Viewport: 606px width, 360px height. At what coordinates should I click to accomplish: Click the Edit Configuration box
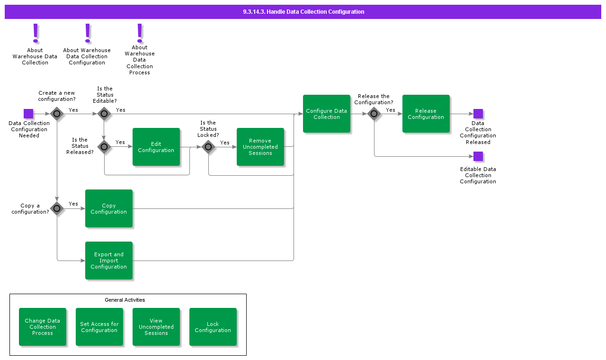click(156, 147)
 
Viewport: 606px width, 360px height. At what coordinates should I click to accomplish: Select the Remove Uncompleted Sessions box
click(260, 147)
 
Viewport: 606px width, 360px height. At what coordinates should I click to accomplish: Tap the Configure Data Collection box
click(327, 114)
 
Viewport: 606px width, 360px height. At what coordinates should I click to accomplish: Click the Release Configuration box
click(426, 114)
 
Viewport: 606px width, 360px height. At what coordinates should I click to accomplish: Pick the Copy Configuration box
click(109, 208)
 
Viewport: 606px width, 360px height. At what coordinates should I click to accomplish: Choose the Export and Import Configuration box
click(109, 261)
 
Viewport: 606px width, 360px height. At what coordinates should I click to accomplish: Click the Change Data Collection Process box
click(43, 327)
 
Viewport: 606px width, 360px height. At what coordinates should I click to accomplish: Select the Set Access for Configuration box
click(99, 327)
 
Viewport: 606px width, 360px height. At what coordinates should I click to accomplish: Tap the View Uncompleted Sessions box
click(156, 327)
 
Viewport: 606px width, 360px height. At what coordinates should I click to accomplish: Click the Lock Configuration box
click(213, 327)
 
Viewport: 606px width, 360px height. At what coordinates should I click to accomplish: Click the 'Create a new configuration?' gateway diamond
click(57, 114)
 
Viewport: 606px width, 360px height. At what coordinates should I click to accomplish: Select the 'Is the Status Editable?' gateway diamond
click(104, 114)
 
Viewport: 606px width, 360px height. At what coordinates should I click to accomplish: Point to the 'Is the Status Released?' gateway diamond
click(104, 147)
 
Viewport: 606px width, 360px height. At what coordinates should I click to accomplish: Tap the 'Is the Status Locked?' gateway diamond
click(208, 147)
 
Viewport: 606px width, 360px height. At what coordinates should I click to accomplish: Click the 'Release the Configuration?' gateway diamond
click(374, 114)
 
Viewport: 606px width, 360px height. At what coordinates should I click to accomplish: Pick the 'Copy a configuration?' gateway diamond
click(57, 208)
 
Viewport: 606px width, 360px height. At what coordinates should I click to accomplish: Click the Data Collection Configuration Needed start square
click(28, 114)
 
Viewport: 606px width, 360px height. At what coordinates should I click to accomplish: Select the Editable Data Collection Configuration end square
click(478, 156)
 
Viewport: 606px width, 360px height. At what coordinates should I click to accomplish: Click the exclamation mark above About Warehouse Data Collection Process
click(140, 32)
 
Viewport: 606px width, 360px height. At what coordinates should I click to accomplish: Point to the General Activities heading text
click(125, 300)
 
